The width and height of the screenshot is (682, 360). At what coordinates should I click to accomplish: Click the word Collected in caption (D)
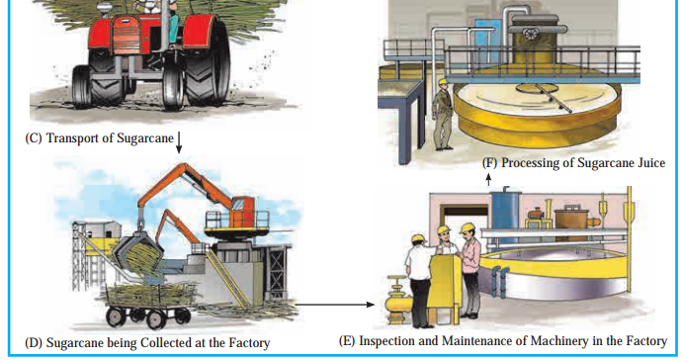[x=164, y=343]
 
